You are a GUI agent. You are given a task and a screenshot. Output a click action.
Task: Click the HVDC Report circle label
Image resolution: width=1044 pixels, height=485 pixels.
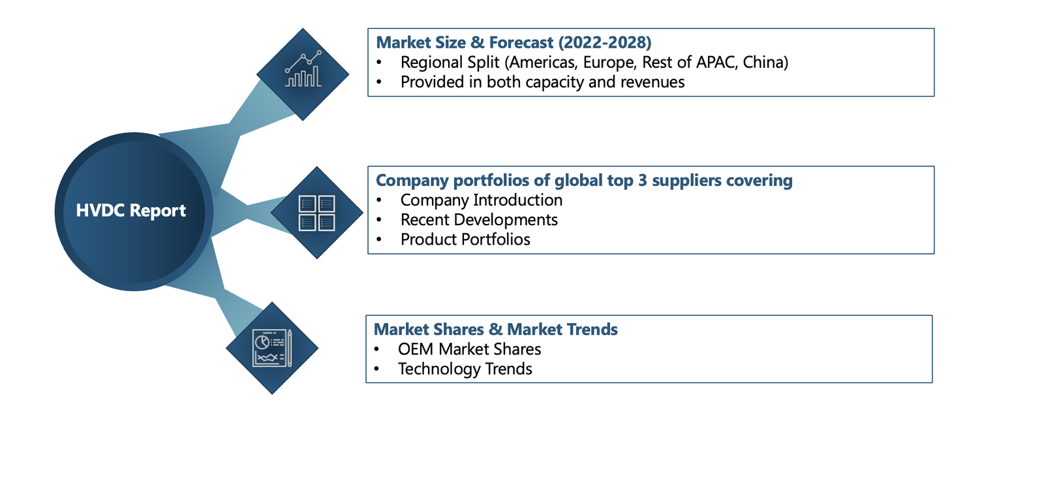pos(131,211)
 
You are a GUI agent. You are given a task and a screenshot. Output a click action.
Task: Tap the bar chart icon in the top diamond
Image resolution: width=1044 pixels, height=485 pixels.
pos(303,69)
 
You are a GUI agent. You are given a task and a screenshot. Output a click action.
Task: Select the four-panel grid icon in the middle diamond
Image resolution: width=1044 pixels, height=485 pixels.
pos(317,213)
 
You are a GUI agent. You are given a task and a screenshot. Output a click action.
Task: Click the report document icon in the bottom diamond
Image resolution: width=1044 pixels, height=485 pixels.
pos(272,348)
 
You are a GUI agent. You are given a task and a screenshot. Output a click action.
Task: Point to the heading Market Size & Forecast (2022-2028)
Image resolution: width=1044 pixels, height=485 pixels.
pos(514,42)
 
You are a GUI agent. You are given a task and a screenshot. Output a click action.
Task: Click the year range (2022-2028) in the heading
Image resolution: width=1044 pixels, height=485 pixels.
pos(605,42)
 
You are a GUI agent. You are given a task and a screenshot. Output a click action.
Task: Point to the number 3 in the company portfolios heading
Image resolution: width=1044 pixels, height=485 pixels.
pos(642,180)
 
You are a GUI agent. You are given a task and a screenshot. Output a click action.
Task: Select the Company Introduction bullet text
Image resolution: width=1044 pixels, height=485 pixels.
pos(482,200)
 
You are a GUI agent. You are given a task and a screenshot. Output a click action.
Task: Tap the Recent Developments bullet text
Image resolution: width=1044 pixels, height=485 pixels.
pos(479,220)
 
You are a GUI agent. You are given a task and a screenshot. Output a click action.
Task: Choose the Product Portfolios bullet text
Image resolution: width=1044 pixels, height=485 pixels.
pos(465,240)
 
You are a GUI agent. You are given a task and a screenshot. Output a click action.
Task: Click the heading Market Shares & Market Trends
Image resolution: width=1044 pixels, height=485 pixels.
pos(496,330)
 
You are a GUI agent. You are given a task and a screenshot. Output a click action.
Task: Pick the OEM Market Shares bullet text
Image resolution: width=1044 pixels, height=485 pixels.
pos(469,349)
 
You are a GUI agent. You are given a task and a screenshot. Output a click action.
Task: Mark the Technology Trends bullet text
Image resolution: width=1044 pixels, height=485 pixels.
pos(465,369)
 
